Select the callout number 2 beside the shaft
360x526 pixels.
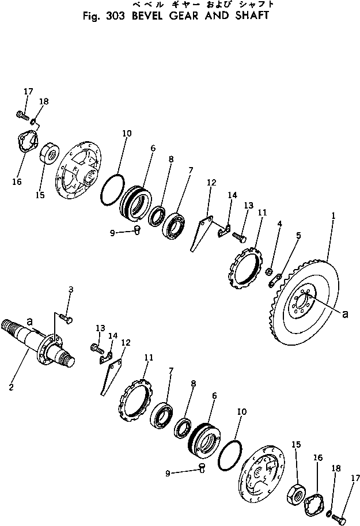point(11,387)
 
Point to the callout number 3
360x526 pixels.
point(70,290)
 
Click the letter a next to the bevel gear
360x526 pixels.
point(344,314)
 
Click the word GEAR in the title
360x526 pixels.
point(188,16)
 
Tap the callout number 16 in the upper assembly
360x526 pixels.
point(16,182)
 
